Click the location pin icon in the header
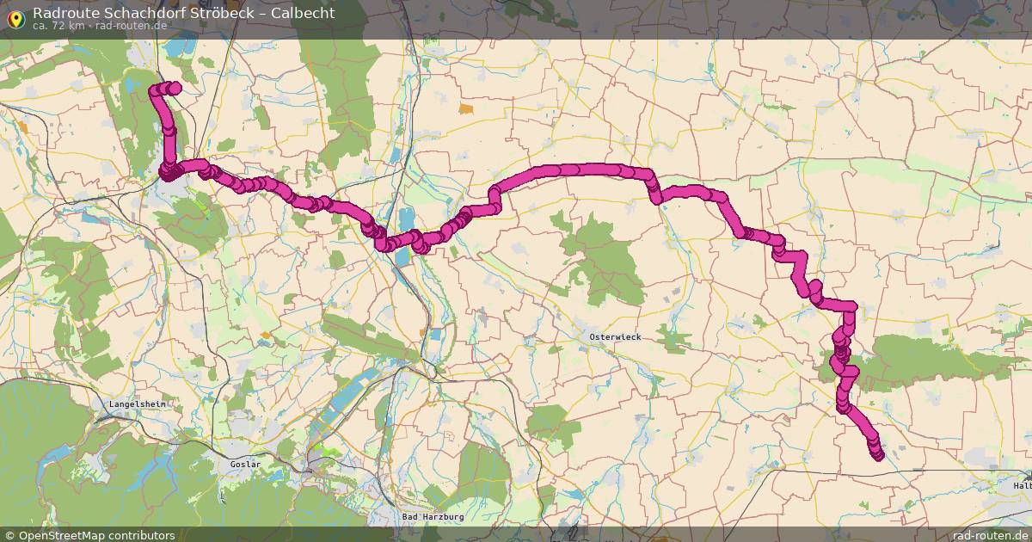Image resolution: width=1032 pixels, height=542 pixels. [15, 18]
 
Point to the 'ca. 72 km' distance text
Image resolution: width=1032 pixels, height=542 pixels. [58, 26]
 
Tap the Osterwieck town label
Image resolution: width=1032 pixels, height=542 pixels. [614, 337]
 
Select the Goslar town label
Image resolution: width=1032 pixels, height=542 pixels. [245, 465]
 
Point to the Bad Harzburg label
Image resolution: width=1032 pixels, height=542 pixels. [433, 517]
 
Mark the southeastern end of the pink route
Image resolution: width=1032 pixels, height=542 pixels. [878, 456]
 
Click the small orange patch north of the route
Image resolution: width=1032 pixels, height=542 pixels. [466, 109]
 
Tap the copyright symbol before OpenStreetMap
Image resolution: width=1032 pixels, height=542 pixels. [10, 535]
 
